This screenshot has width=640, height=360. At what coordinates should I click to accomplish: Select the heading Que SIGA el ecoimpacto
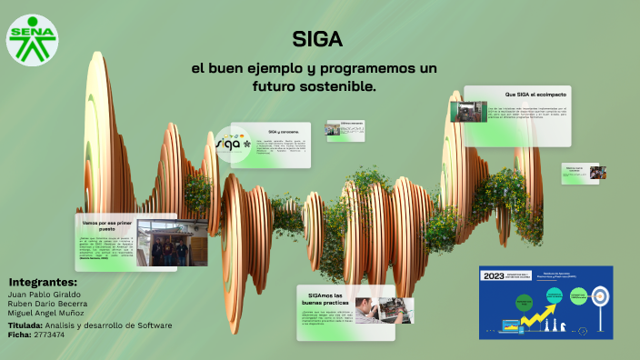pyautogui.click(x=535, y=95)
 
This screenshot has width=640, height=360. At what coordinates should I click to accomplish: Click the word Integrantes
pyautogui.click(x=42, y=283)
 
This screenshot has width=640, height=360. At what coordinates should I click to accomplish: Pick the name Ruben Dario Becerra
pyautogui.click(x=46, y=304)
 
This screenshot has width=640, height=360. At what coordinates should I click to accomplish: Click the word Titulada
pyautogui.click(x=25, y=325)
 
